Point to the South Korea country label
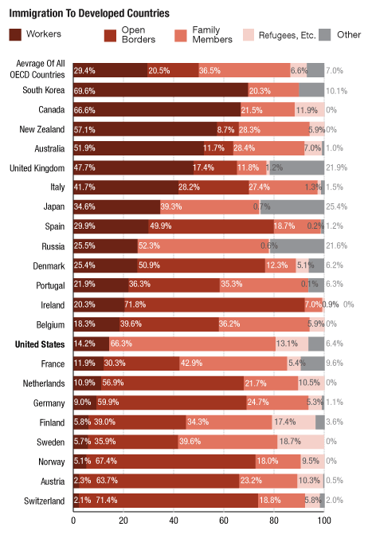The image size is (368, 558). click(x=44, y=90)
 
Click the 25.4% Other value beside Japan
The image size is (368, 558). click(x=335, y=206)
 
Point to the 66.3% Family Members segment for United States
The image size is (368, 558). click(x=191, y=343)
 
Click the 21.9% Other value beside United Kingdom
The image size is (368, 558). click(x=335, y=168)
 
